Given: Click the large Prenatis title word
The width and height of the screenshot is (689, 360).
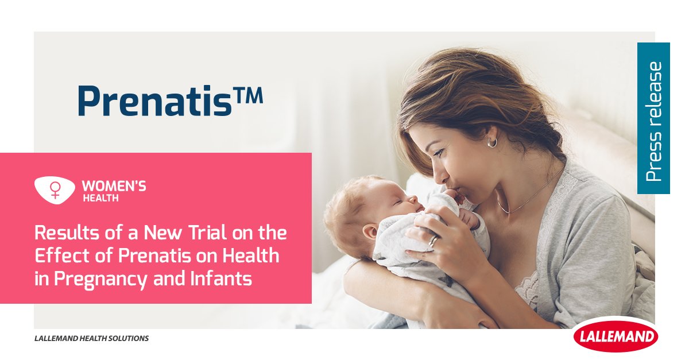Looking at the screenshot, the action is pyautogui.click(x=154, y=100).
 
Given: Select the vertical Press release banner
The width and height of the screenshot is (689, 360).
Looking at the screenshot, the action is pyautogui.click(x=653, y=118).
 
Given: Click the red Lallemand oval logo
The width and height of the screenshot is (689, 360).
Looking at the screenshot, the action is pyautogui.click(x=616, y=336).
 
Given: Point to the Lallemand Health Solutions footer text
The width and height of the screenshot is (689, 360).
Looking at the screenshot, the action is pyautogui.click(x=92, y=338).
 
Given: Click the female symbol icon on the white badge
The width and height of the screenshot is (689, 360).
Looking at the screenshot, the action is pyautogui.click(x=55, y=190).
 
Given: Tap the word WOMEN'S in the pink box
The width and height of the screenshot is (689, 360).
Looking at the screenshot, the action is pyautogui.click(x=114, y=187).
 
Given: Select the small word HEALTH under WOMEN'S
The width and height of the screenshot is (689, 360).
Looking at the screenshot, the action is pyautogui.click(x=100, y=198).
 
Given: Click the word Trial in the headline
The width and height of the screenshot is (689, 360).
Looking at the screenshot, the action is pyautogui.click(x=208, y=233).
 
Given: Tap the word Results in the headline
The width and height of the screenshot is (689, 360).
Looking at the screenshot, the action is pyautogui.click(x=67, y=233).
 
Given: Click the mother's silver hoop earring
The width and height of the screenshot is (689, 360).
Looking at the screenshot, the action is pyautogui.click(x=492, y=142).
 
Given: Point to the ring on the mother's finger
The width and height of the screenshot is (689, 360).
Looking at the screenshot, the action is pyautogui.click(x=433, y=241).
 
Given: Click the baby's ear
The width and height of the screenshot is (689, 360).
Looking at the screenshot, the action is pyautogui.click(x=370, y=231).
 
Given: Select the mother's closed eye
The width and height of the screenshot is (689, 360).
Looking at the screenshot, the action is pyautogui.click(x=439, y=152).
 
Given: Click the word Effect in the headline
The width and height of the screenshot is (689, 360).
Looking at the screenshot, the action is pyautogui.click(x=61, y=256).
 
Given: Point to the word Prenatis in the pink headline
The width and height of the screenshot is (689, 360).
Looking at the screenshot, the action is pyautogui.click(x=154, y=256).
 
